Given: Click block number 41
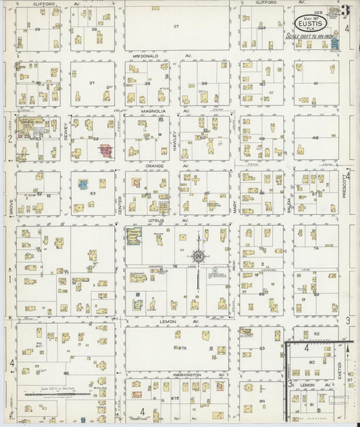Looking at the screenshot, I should pyautogui.click(x=315, y=82).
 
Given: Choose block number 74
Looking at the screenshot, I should pyautogui.click(x=315, y=249).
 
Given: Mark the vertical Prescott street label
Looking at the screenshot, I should pyautogui.click(x=344, y=184).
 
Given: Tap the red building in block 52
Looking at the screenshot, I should pyautogui.click(x=106, y=149).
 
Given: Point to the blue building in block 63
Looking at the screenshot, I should pyautogui.click(x=82, y=184).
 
